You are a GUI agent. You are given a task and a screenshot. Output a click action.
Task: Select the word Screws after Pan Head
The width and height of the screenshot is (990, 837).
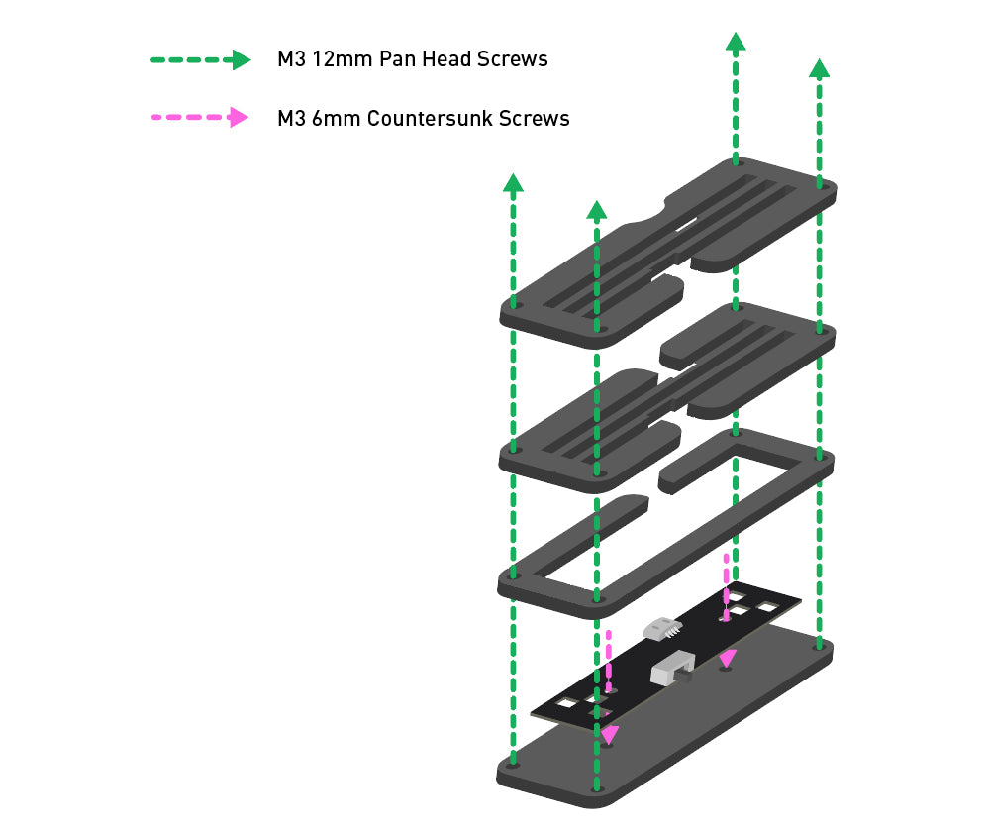tap(513, 59)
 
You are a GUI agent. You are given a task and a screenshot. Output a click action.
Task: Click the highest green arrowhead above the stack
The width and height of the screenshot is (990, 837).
tap(735, 42)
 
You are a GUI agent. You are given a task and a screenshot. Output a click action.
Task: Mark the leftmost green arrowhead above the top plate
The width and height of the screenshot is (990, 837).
tap(513, 182)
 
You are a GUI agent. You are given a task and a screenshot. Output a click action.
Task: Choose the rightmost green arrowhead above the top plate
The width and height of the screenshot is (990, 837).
tap(819, 68)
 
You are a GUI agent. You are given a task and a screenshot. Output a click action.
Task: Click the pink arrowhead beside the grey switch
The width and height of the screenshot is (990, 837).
tap(728, 658)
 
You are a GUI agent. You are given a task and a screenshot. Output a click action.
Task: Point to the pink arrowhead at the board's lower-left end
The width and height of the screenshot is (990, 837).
tap(608, 735)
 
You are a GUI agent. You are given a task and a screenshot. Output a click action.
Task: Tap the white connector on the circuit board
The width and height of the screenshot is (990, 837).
tap(661, 627)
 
